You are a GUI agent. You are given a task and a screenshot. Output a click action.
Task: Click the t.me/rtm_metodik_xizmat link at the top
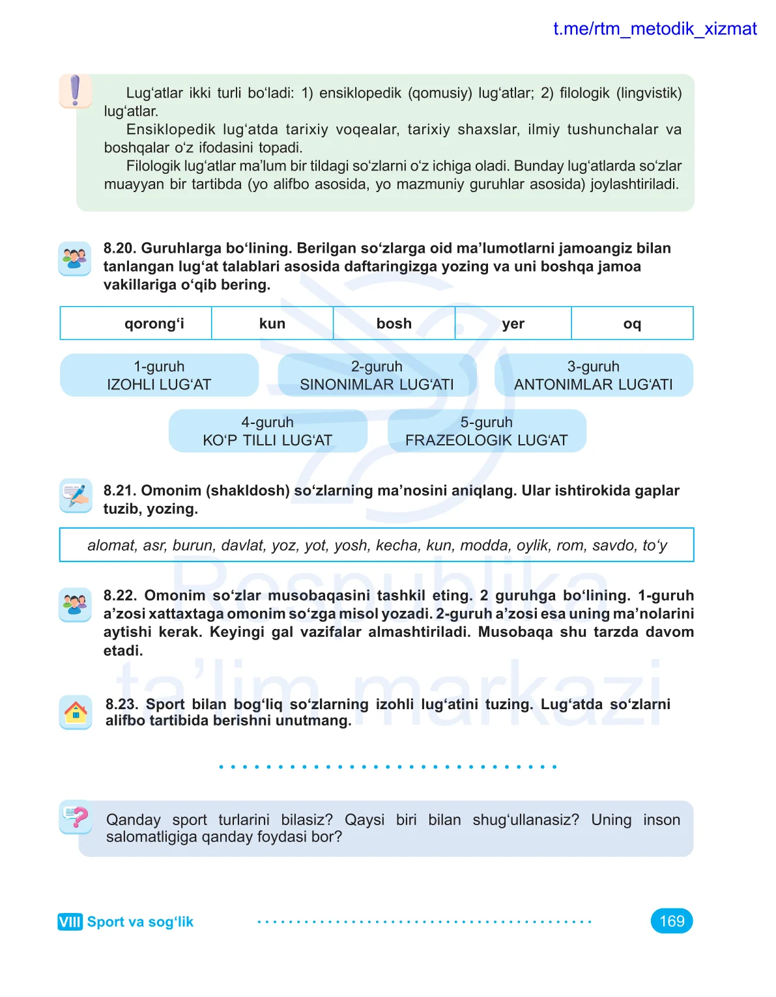click(x=654, y=29)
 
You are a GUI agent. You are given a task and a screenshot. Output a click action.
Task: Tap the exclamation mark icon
click(x=75, y=91)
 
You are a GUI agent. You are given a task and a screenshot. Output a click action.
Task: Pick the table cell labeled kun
click(x=272, y=324)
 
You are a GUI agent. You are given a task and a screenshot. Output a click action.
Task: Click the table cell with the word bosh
click(x=394, y=324)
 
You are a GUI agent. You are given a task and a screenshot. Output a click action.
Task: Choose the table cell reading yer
click(x=513, y=324)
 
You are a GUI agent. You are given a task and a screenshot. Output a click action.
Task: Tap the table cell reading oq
click(x=632, y=324)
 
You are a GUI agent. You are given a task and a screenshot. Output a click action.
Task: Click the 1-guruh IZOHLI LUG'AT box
click(x=159, y=376)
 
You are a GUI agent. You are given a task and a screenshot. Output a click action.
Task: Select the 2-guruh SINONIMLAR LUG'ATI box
click(x=377, y=376)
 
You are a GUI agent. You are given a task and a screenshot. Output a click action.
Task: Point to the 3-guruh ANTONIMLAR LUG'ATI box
click(x=594, y=376)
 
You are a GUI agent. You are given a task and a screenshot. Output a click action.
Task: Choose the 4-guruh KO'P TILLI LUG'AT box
click(x=268, y=431)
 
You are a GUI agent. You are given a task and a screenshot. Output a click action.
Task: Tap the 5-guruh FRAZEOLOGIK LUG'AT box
click(x=487, y=431)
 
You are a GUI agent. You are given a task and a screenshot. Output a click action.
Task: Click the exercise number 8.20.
click(x=120, y=248)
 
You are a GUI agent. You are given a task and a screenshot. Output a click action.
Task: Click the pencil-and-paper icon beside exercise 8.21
click(x=76, y=496)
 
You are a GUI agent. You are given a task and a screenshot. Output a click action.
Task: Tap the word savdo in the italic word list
click(x=613, y=545)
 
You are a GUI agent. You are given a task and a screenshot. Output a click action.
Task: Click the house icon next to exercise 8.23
click(x=76, y=712)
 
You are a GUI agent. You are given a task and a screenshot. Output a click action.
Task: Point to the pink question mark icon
click(x=76, y=817)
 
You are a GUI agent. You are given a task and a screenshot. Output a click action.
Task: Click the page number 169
click(x=672, y=921)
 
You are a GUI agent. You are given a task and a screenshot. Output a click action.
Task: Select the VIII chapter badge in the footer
click(x=70, y=922)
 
